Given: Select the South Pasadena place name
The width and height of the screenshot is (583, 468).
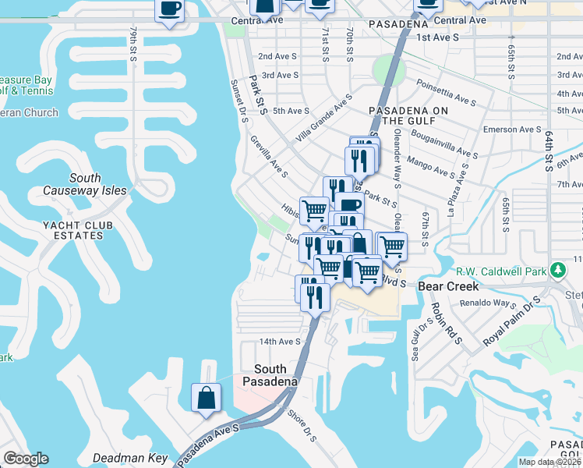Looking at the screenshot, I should pos(270,375).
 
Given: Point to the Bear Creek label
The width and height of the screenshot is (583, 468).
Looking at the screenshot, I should pos(442,286).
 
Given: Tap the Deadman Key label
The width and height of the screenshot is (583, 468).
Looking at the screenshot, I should pos(129,458).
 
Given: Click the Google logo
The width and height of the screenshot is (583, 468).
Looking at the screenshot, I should pos(26,459).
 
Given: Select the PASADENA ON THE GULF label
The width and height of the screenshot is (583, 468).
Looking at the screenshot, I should pos(408,115).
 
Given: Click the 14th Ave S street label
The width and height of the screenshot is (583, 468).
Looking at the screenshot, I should pos(280,342).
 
